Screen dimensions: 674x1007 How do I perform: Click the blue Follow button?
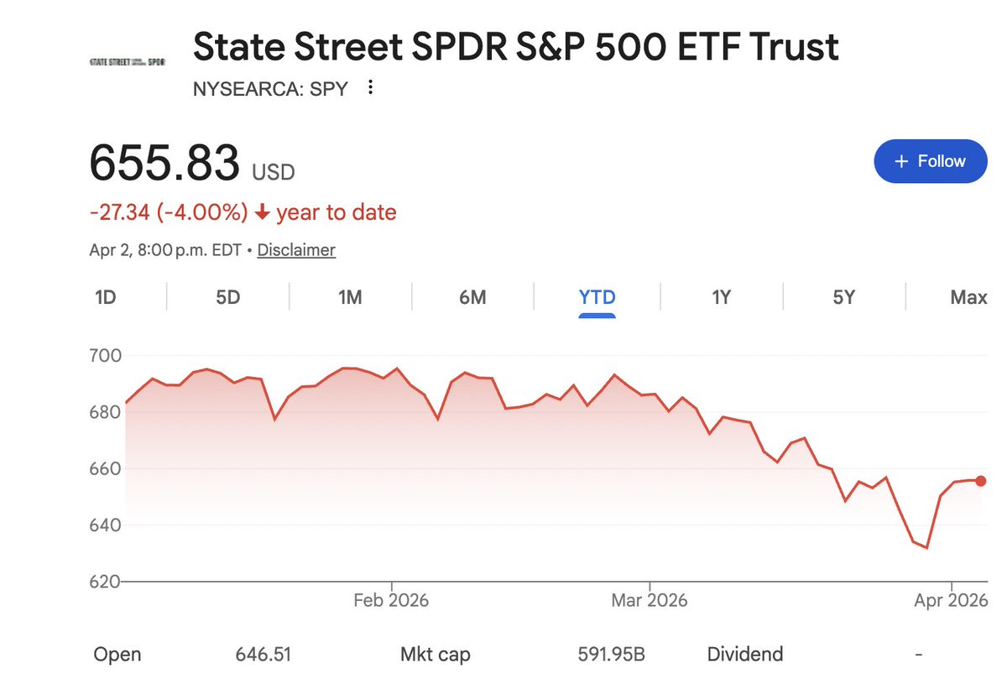click(x=930, y=161)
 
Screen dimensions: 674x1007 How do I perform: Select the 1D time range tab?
click(x=105, y=297)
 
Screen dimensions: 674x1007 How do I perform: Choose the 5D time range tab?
click(x=228, y=297)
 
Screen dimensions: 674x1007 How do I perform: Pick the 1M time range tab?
click(x=350, y=297)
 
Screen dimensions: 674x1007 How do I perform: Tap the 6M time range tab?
click(x=472, y=297)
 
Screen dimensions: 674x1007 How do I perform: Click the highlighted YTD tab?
click(x=597, y=297)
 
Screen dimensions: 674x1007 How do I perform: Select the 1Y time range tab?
click(x=721, y=297)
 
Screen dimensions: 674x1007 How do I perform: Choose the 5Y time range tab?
click(x=843, y=297)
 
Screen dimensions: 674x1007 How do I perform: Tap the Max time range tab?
click(x=968, y=297)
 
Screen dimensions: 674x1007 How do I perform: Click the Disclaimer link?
click(x=296, y=250)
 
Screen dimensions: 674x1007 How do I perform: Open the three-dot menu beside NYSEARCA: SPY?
click(x=370, y=88)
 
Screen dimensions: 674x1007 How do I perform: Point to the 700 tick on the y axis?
click(x=105, y=356)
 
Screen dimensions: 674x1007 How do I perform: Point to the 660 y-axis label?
click(x=105, y=468)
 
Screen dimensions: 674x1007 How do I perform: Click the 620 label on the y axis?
click(x=105, y=581)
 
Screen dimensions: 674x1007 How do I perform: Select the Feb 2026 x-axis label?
click(x=391, y=601)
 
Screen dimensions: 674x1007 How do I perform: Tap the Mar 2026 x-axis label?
click(x=650, y=601)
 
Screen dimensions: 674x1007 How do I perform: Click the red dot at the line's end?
click(x=981, y=481)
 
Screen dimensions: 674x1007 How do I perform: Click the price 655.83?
click(x=164, y=163)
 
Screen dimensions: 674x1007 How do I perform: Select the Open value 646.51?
click(x=263, y=655)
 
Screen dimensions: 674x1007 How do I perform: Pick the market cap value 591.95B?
click(x=611, y=655)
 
